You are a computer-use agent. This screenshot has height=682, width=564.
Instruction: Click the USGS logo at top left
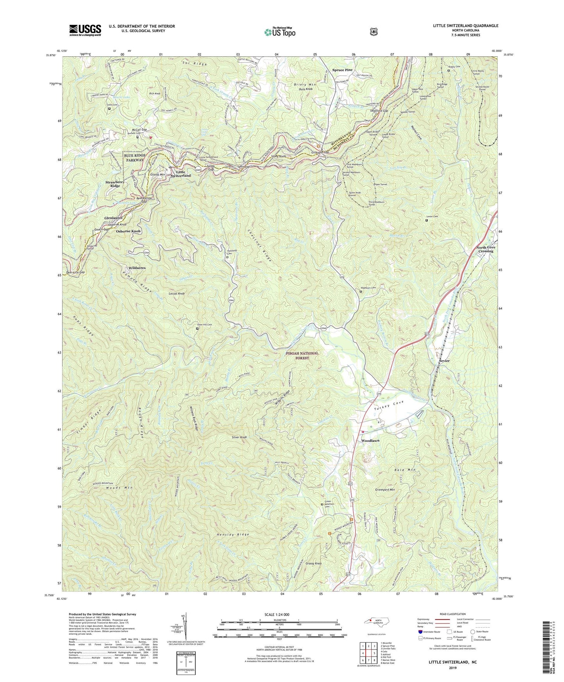[x=85, y=30]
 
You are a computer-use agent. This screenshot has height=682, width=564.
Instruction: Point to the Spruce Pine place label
[x=342, y=70]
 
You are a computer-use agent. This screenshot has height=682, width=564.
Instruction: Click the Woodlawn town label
[x=370, y=441]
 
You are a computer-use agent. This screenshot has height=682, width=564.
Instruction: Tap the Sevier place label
[x=444, y=361]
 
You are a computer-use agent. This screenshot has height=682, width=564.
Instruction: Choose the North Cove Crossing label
[x=484, y=249]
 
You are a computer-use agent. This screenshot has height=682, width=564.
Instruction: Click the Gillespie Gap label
[x=320, y=152]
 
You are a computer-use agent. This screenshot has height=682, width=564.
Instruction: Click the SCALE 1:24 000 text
[x=278, y=614]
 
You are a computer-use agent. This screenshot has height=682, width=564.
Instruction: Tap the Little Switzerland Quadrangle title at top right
[x=463, y=26]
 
